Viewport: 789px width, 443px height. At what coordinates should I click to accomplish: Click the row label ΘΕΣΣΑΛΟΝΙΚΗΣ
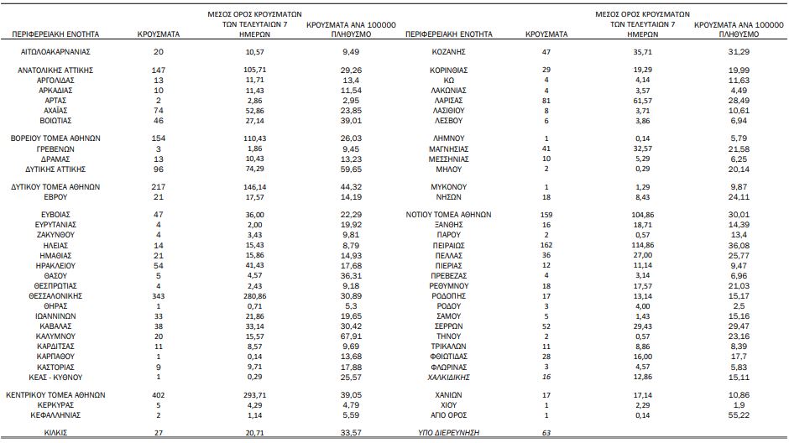55,296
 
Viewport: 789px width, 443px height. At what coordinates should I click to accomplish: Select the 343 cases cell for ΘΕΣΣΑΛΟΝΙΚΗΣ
159,296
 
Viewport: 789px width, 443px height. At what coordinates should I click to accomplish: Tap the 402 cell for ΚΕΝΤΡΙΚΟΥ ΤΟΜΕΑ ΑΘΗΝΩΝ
159,395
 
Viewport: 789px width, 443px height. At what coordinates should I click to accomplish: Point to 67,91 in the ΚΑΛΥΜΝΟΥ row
351,336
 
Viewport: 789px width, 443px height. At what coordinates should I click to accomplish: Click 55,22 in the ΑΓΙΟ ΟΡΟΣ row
739,415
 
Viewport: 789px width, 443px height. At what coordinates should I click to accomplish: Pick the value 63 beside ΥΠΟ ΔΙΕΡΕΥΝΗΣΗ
546,433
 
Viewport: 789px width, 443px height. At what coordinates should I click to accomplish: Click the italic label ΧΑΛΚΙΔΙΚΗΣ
449,377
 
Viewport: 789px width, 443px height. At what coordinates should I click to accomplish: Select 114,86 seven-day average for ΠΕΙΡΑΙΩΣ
643,245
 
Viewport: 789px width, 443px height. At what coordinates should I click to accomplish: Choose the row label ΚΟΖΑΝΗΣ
449,52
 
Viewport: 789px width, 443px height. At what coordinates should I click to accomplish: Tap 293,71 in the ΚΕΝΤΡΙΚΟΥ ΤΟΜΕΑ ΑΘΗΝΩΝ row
254,395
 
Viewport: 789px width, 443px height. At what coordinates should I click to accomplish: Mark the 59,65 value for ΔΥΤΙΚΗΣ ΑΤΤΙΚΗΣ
351,169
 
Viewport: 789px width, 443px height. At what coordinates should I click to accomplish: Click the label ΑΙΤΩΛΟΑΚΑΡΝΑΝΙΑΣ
55,52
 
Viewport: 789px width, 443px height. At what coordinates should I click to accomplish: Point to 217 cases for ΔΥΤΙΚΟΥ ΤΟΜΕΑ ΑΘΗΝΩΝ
159,187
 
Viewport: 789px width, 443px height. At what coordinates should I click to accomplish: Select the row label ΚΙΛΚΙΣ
55,433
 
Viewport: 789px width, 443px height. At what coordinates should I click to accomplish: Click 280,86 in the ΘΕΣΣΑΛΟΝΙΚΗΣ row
254,296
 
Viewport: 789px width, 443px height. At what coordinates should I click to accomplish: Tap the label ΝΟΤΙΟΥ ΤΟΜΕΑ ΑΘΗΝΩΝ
449,215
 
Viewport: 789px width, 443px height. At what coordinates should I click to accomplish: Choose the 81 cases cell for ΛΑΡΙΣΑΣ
546,101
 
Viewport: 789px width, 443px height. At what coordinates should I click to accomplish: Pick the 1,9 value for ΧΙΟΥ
739,405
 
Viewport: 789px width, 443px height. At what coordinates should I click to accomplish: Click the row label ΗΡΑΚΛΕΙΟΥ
55,266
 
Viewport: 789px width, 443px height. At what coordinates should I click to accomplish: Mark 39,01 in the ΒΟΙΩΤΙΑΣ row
351,121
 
